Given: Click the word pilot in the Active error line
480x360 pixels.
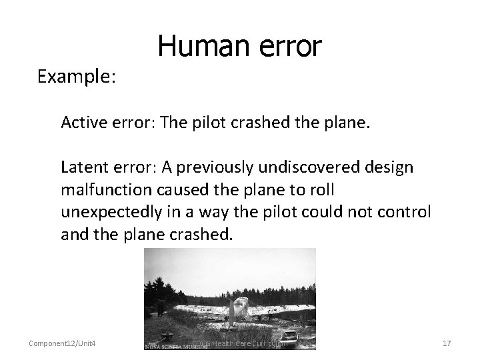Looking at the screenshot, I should coord(223,122).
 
